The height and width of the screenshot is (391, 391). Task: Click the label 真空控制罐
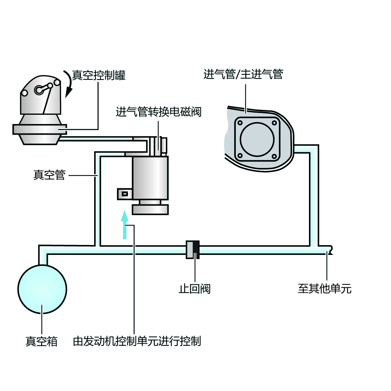click(99, 75)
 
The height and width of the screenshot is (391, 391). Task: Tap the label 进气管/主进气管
click(243, 75)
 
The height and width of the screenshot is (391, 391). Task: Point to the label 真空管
click(49, 175)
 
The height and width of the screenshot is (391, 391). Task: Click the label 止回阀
click(195, 289)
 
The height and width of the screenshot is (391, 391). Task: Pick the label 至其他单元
click(324, 289)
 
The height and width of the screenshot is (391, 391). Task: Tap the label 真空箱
click(42, 341)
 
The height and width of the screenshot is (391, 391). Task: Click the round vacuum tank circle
click(42, 289)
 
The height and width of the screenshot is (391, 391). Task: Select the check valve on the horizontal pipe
click(193, 250)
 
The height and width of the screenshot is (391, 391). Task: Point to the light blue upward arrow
click(125, 224)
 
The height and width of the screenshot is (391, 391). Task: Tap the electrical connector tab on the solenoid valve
click(125, 193)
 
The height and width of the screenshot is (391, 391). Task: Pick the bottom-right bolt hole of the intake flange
click(274, 157)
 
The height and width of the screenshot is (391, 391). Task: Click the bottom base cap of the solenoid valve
click(150, 209)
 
